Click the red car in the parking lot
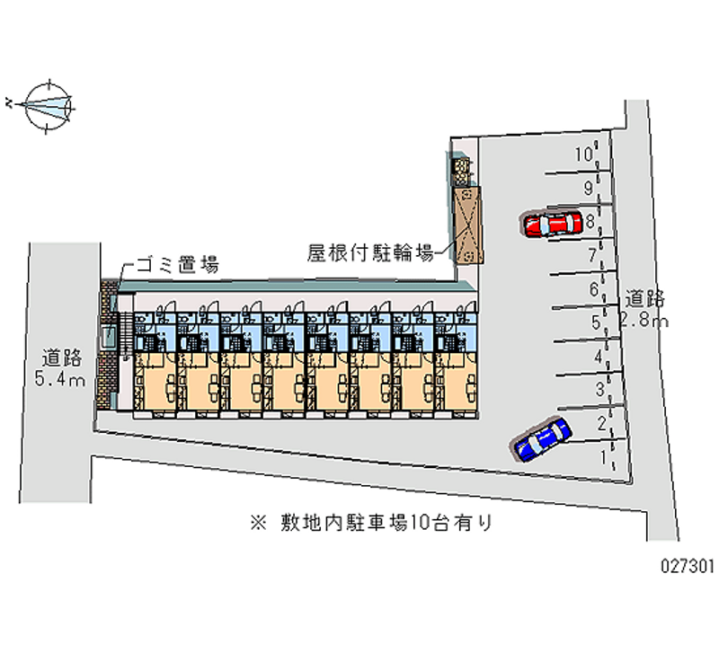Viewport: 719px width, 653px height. pos(552,224)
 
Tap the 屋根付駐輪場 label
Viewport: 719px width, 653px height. pos(371,253)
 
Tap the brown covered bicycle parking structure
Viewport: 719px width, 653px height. pos(467,225)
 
